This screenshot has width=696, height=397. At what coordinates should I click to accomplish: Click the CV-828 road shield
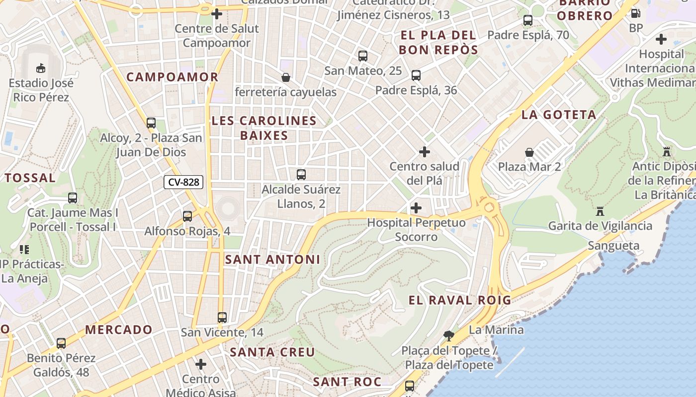[x=183, y=182]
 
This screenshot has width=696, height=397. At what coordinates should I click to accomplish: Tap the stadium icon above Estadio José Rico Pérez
[x=41, y=67]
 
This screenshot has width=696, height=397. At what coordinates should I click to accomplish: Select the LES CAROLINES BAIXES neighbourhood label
[x=264, y=128]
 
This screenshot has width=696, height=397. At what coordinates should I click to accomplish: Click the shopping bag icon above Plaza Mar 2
[x=529, y=152]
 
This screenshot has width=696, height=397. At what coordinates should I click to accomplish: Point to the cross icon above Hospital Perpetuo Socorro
[x=416, y=208]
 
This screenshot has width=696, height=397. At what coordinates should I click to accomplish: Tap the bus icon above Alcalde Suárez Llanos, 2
[x=301, y=175]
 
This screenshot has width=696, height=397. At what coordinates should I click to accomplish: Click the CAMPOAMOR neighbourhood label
[x=173, y=77]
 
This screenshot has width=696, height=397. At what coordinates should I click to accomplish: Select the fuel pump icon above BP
[x=635, y=13]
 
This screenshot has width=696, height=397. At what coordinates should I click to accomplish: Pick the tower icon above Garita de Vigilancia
[x=600, y=211]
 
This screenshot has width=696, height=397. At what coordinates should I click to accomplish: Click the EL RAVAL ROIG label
[x=460, y=300]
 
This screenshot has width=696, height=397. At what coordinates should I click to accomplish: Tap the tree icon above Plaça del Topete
[x=449, y=336]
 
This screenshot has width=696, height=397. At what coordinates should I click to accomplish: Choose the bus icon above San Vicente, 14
[x=222, y=318]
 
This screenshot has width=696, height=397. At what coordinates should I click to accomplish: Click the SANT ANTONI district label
[x=273, y=260]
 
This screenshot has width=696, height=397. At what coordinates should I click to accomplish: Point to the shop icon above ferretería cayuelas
[x=286, y=77]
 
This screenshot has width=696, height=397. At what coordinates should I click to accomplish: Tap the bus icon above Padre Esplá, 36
[x=416, y=75]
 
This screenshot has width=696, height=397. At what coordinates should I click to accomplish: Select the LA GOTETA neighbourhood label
[x=559, y=115]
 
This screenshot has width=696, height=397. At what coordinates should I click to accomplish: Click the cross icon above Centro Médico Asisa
[x=201, y=365]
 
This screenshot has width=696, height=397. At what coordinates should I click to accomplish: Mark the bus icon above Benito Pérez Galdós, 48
[x=61, y=343]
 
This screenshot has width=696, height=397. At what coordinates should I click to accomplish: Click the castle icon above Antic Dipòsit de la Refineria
[x=667, y=152]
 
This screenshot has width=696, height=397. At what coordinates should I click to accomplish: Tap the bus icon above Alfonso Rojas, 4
[x=187, y=216]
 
